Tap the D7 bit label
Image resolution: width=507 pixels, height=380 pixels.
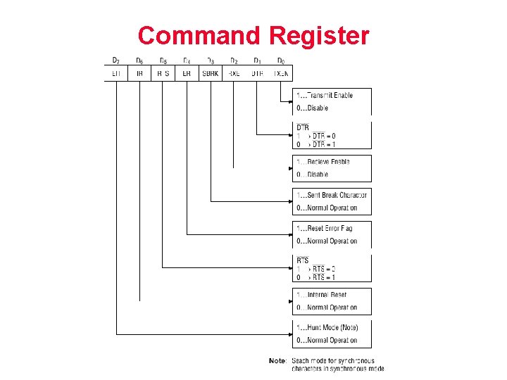(116, 61)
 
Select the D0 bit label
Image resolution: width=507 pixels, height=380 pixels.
(281, 61)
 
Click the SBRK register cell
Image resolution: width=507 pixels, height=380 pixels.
(210, 73)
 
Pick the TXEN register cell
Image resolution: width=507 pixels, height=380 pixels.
(281, 73)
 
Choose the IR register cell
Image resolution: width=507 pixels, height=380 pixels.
(139, 73)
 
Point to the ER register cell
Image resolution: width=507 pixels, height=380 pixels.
(187, 73)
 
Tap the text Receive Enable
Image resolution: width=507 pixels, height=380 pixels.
(328, 162)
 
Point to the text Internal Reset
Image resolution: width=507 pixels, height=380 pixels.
(327, 295)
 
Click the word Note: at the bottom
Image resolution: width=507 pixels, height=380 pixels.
(277, 361)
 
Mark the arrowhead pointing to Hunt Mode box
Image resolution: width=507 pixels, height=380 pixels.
(290, 334)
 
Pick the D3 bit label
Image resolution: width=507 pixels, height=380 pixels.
(210, 61)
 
